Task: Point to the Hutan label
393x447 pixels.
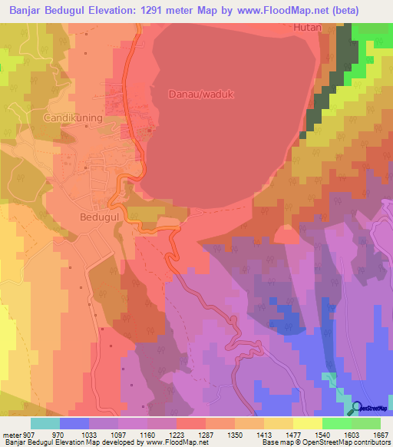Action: (x=308, y=26)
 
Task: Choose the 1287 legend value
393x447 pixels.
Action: (x=206, y=435)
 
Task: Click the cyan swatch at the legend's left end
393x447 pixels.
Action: (x=45, y=423)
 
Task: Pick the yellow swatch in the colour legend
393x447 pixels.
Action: (x=307, y=423)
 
